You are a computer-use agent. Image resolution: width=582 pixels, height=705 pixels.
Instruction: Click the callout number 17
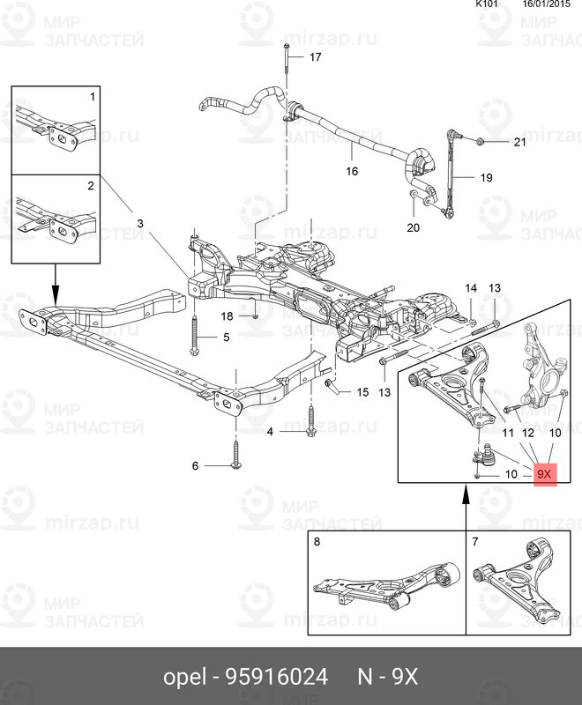click(315, 57)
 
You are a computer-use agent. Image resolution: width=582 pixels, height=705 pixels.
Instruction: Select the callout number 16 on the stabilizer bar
click(352, 171)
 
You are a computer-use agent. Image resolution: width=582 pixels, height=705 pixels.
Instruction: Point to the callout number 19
click(486, 177)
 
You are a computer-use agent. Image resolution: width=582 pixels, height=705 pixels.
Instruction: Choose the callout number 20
click(414, 228)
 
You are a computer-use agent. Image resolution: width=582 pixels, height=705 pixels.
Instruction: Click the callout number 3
click(139, 224)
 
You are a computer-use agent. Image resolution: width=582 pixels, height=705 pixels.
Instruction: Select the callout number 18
click(227, 315)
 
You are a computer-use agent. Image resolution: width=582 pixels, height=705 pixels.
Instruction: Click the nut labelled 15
click(330, 387)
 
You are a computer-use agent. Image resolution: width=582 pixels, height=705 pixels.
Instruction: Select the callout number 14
click(470, 288)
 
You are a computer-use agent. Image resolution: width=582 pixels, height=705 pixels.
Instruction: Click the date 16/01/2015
click(547, 4)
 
